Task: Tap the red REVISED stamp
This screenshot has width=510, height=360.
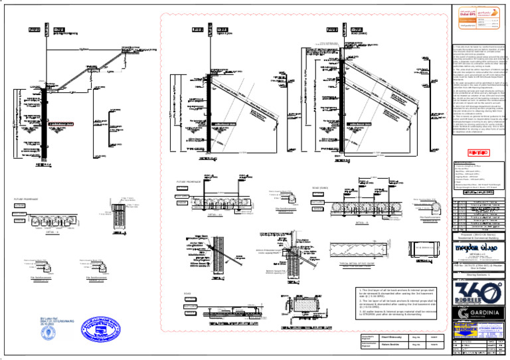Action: (x=479, y=152)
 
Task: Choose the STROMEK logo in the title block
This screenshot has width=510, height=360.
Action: (x=465, y=327)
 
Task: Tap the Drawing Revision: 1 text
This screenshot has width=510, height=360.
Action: (x=479, y=272)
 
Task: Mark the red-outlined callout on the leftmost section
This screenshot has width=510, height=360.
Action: (x=47, y=124)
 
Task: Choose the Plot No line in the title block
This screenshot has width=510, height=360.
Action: (x=479, y=264)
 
